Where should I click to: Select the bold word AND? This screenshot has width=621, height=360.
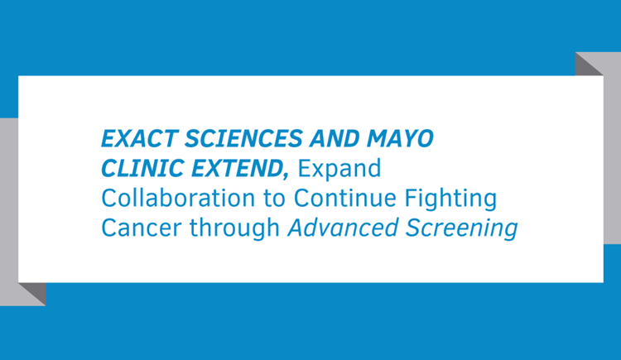click(x=335, y=138)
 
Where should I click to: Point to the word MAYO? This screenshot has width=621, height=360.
click(x=400, y=138)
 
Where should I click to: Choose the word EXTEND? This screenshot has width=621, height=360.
click(x=237, y=168)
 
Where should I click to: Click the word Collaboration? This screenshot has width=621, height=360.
click(x=178, y=198)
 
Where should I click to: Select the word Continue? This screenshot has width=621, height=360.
click(x=344, y=198)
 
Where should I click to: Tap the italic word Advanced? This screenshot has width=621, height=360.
click(x=343, y=228)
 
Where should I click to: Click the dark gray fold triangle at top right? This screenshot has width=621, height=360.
click(x=587, y=65)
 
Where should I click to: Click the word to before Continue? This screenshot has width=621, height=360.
click(x=274, y=199)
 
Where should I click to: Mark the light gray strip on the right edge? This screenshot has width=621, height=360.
click(x=612, y=147)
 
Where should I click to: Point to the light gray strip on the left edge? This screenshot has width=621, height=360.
click(x=9, y=212)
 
